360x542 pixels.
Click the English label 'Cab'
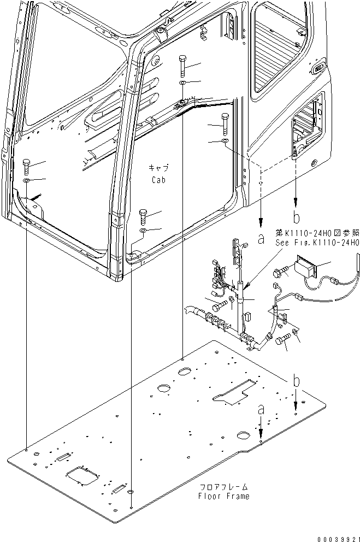click(x=158, y=179)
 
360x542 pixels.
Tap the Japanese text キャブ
click(x=158, y=168)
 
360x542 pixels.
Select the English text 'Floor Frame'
click(x=224, y=496)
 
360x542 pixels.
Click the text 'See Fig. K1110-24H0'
click(x=317, y=243)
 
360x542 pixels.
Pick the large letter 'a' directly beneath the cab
click(x=261, y=238)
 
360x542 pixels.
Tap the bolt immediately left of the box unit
click(x=282, y=270)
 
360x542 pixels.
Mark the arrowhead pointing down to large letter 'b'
click(x=296, y=201)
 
